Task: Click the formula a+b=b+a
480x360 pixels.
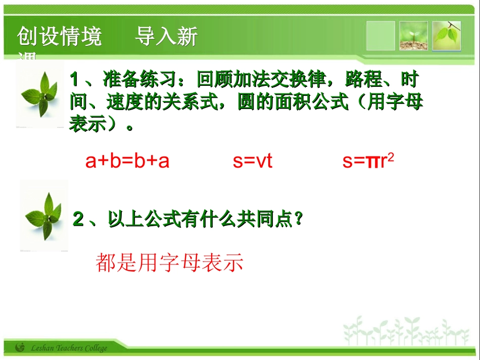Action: tap(127, 161)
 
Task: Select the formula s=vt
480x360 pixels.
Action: tap(252, 161)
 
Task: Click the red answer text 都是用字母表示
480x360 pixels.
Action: tap(169, 263)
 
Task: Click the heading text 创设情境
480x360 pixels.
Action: tap(60, 37)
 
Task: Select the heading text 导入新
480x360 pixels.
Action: tap(166, 37)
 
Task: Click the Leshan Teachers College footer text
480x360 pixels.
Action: tap(69, 348)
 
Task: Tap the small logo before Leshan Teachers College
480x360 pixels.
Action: tap(20, 347)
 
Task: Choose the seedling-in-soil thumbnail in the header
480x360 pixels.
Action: tap(413, 36)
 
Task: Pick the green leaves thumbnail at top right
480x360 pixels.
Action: tap(447, 36)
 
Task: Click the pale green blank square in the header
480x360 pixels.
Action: tap(380, 36)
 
